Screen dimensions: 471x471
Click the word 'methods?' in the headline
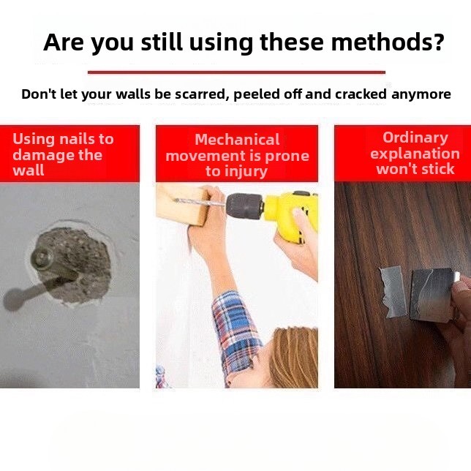pos(388,42)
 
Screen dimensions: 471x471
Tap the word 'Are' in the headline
pos(64,42)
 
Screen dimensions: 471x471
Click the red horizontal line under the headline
pos(236,72)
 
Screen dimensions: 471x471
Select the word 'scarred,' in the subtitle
pos(200,94)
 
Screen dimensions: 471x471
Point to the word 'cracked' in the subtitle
pos(361,94)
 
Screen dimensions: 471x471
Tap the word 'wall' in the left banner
pos(29,170)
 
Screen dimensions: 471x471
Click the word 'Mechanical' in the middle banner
pos(237,140)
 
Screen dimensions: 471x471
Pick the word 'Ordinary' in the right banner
pos(415,138)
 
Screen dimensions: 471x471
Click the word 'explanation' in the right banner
pos(415,154)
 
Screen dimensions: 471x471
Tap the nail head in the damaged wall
pos(42,257)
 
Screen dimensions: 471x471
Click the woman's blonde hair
pos(293,358)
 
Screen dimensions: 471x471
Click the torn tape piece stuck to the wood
pos(392,291)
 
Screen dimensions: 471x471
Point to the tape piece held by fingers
pos(431,295)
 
